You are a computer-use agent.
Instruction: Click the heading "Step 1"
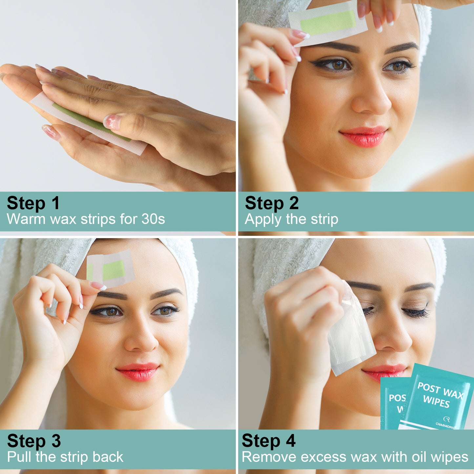click(33, 203)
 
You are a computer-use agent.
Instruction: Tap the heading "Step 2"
click(272, 203)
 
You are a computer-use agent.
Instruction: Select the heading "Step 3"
click(34, 441)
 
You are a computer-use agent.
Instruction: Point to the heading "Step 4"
click(268, 441)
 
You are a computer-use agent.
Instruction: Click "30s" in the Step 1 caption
click(153, 219)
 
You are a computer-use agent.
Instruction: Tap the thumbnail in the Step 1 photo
click(112, 121)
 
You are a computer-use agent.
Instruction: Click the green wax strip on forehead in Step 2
click(328, 22)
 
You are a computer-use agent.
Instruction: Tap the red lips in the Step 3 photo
click(138, 372)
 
